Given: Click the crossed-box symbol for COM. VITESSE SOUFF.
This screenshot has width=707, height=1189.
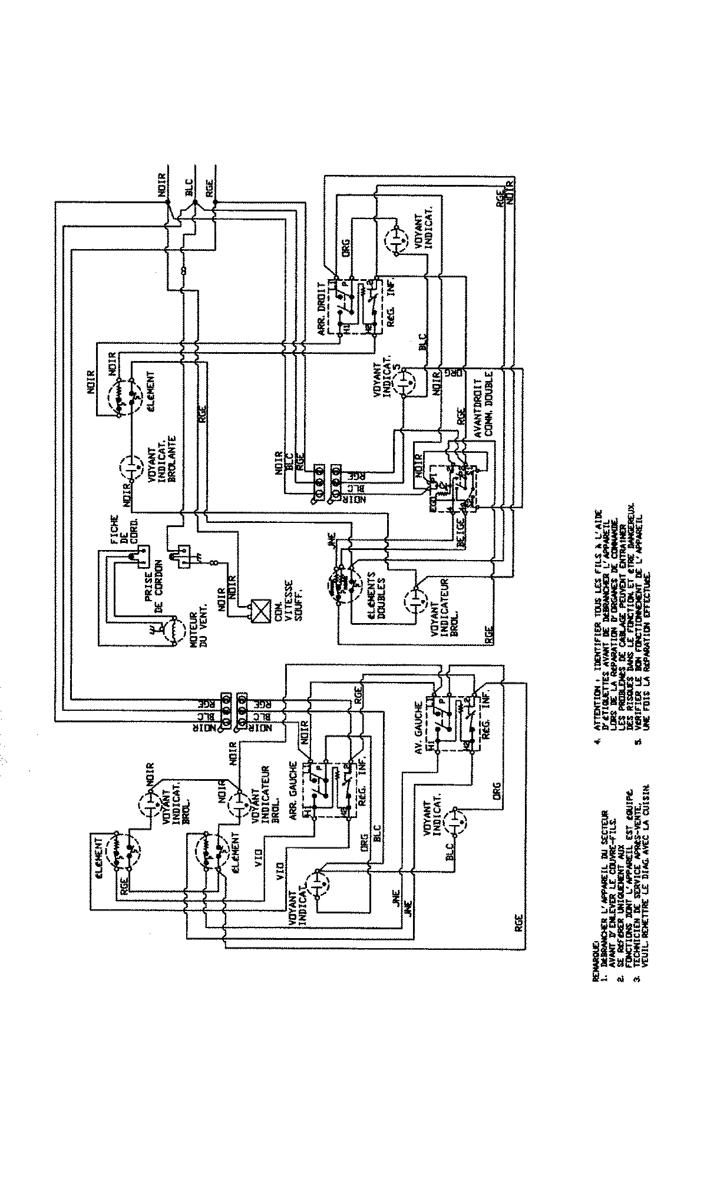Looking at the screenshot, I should coord(257,610).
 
